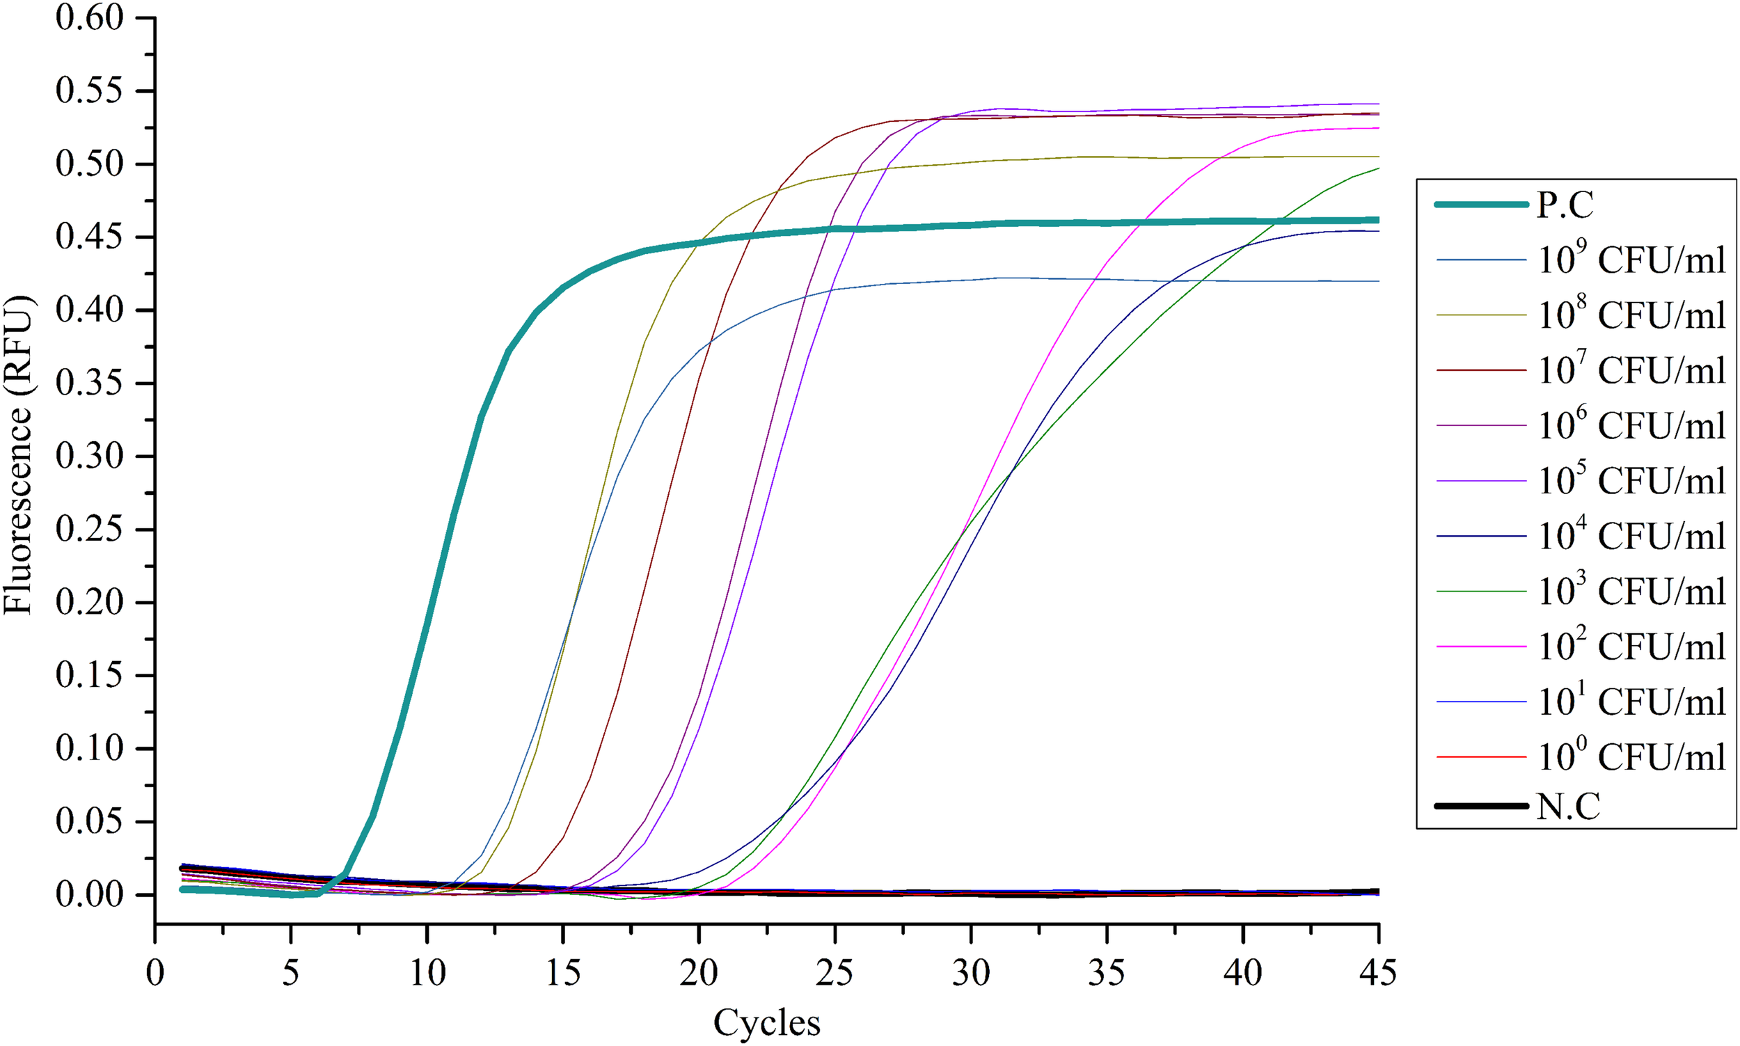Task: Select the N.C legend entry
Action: pos(1569,806)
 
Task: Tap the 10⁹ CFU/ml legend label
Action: pos(1631,260)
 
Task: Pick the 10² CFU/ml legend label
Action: pos(1631,647)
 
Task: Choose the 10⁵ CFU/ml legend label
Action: pos(1631,481)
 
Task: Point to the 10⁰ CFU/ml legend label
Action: pos(1631,757)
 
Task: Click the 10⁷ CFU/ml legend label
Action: pos(1631,371)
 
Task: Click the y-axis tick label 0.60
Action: pos(90,17)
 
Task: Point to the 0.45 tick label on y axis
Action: pos(90,237)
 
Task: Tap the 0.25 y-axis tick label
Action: pos(90,530)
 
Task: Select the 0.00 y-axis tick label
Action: pos(90,894)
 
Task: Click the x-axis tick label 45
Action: pos(1379,974)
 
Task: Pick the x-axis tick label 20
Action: pos(698,974)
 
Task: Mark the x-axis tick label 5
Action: pos(290,974)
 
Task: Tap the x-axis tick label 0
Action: pos(155,974)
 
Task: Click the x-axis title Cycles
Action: pos(767,1023)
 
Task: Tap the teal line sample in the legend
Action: pos(1480,205)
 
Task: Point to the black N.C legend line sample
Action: pos(1480,806)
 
